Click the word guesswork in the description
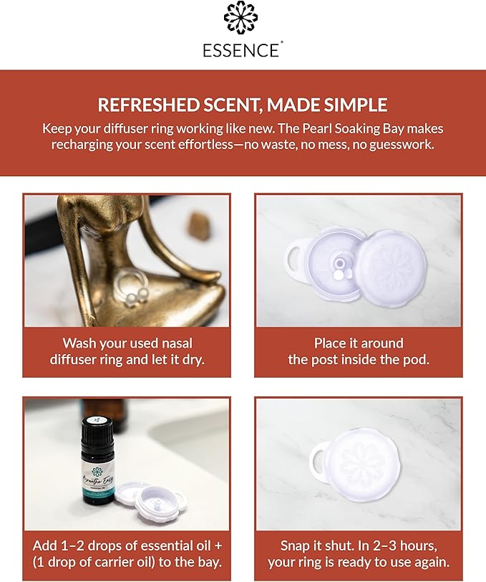click(x=399, y=144)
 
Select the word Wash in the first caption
click(x=79, y=343)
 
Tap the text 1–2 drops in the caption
click(x=88, y=546)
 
